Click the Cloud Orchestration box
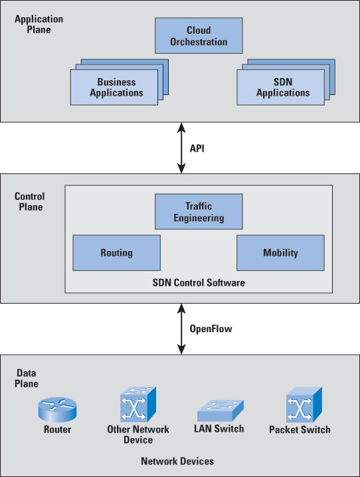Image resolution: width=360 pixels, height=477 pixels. pos(199,36)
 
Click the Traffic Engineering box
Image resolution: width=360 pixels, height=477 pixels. pos(199,211)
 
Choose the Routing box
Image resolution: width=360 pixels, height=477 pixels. pos(117,253)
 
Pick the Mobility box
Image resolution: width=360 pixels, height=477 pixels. pos(281,253)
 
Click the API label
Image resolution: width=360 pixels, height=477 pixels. pos(197,148)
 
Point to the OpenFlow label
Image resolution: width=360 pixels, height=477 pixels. pos(211,329)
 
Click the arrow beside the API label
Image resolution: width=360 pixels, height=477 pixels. pos(181,148)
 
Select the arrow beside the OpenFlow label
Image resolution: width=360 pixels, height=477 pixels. pos(181,329)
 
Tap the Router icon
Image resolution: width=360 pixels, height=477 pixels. pos(58,409)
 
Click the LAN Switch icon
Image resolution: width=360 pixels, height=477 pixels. pos(221,411)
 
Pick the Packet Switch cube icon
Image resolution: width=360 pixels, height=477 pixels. pos(304,405)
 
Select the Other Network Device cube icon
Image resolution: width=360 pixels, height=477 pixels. pos(138,405)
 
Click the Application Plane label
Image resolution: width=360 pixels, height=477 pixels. pos(39,25)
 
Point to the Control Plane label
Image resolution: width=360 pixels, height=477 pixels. pos(30,202)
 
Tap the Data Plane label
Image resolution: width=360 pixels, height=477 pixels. pos(27,378)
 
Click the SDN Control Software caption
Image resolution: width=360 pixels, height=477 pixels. pos(199,282)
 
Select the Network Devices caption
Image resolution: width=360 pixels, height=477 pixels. pos(177,461)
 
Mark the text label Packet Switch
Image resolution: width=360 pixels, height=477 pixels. pos(300,430)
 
